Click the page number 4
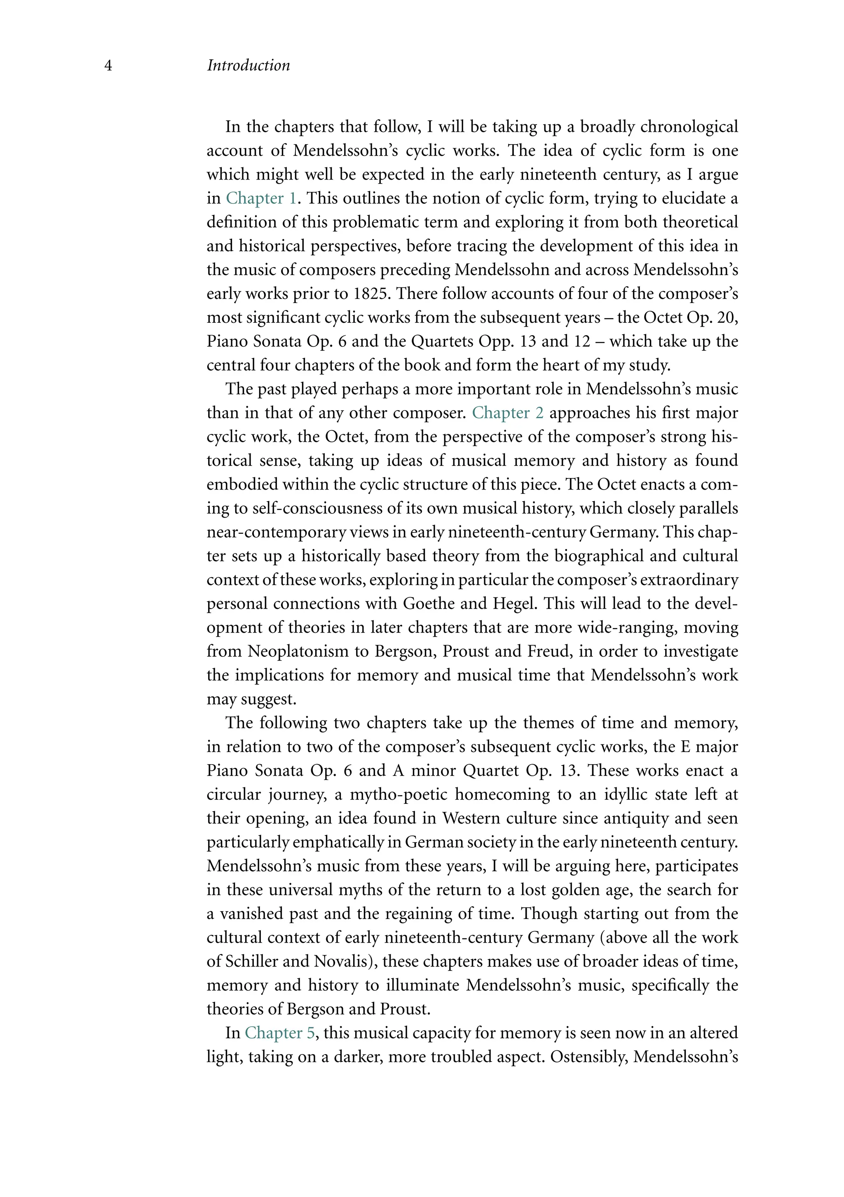[108, 66]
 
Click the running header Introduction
[249, 66]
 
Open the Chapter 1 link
[261, 198]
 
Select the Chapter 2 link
[508, 413]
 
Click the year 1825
[370, 294]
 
